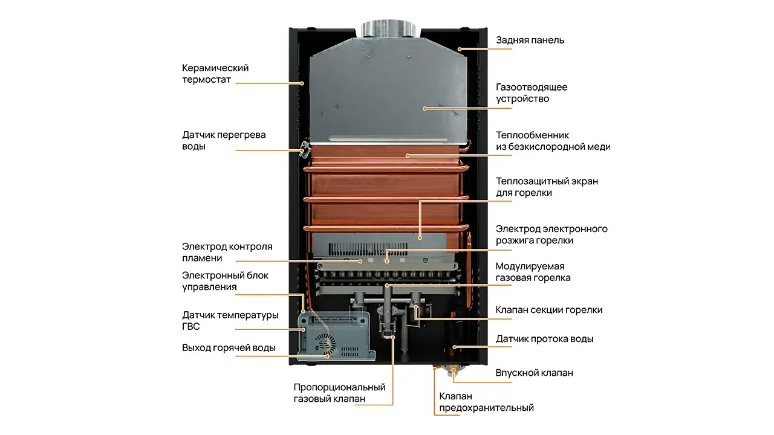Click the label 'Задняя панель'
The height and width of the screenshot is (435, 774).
tap(530, 40)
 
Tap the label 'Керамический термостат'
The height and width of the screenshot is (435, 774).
tap(215, 74)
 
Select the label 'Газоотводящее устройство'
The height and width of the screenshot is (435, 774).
tap(532, 93)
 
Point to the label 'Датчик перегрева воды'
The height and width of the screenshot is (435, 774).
tap(224, 141)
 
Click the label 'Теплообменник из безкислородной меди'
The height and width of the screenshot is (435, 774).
tap(553, 141)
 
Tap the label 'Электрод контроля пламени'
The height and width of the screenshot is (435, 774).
tap(227, 253)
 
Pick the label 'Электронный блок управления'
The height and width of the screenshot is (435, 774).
tap(225, 281)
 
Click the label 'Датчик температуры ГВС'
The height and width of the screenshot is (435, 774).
tap(230, 321)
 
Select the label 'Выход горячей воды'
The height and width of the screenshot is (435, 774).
tap(229, 348)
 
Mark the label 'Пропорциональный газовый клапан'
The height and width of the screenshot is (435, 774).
tap(339, 393)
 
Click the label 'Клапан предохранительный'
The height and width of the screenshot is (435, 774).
tap(486, 402)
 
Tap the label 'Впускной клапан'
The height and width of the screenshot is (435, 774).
tap(534, 373)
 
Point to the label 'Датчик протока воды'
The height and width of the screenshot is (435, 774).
tap(544, 339)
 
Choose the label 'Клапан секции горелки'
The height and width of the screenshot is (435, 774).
tap(548, 310)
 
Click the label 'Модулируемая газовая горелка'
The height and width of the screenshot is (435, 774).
tap(533, 272)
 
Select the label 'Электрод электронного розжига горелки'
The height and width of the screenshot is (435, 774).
tap(551, 234)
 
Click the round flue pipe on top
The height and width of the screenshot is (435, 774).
tap(389, 29)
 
